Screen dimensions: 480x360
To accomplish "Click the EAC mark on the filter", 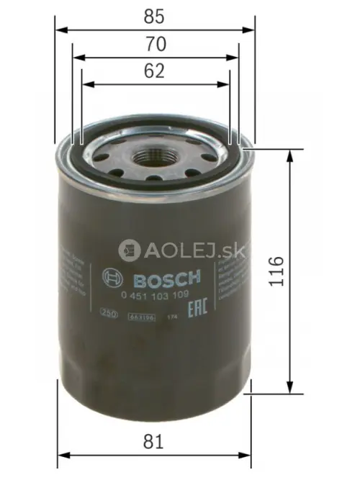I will (x=195, y=312).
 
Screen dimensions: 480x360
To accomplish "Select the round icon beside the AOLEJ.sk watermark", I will (x=129, y=249).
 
